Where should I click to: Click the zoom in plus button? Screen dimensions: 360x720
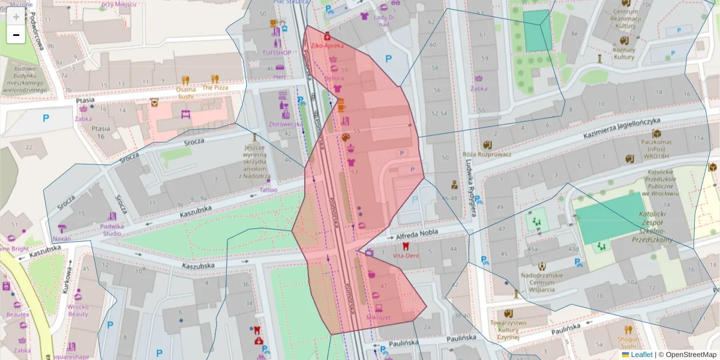coord(16,17)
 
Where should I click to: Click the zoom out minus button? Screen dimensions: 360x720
coord(16,35)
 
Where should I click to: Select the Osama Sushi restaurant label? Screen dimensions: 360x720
coord(185,92)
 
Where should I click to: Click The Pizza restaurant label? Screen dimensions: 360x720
coord(215,87)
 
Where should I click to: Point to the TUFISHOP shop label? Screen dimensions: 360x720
coord(276,53)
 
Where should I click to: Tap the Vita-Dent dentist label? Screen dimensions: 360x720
coord(406,255)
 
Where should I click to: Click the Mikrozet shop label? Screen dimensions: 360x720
coord(378,316)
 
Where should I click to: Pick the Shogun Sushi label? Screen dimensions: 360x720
coord(628,342)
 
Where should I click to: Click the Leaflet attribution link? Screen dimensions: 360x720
coord(641,355)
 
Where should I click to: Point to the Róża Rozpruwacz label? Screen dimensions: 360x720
coord(487,154)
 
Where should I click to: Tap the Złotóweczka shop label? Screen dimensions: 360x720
coord(284,124)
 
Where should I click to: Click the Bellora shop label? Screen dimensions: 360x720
coord(334,78)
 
